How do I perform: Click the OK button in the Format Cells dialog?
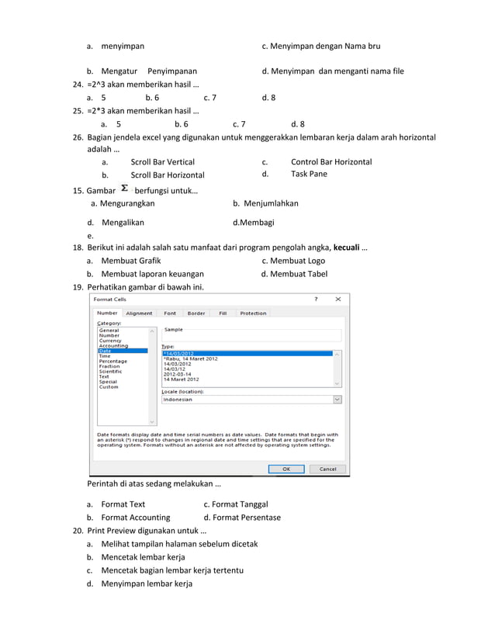coord(286,469)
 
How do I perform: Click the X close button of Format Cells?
coord(337,299)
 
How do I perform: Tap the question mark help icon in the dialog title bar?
coord(316,299)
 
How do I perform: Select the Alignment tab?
coord(139,314)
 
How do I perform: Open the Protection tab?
coord(253,314)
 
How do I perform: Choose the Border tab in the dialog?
coord(196,314)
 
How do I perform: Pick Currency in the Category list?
coord(110,341)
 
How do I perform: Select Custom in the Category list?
coord(109,386)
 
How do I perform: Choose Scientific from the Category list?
coord(110,371)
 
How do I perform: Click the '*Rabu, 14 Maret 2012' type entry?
coord(191,359)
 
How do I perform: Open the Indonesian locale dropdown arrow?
coord(337,400)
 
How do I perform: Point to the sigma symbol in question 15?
coord(125,189)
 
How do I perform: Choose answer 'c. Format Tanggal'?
coord(236,504)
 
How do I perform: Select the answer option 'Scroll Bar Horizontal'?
coord(168,175)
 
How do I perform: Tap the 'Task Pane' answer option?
coord(309,174)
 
